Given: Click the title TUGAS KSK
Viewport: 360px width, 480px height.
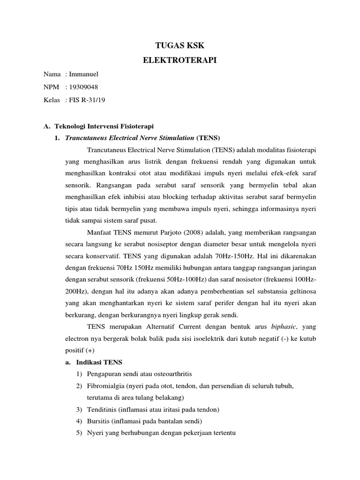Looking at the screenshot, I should click(x=180, y=45).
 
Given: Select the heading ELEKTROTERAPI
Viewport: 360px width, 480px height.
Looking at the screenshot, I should click(x=180, y=60).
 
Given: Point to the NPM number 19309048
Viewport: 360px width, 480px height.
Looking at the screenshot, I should click(x=84, y=87).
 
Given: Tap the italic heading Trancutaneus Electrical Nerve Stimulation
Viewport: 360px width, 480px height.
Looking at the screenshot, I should click(x=130, y=138).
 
